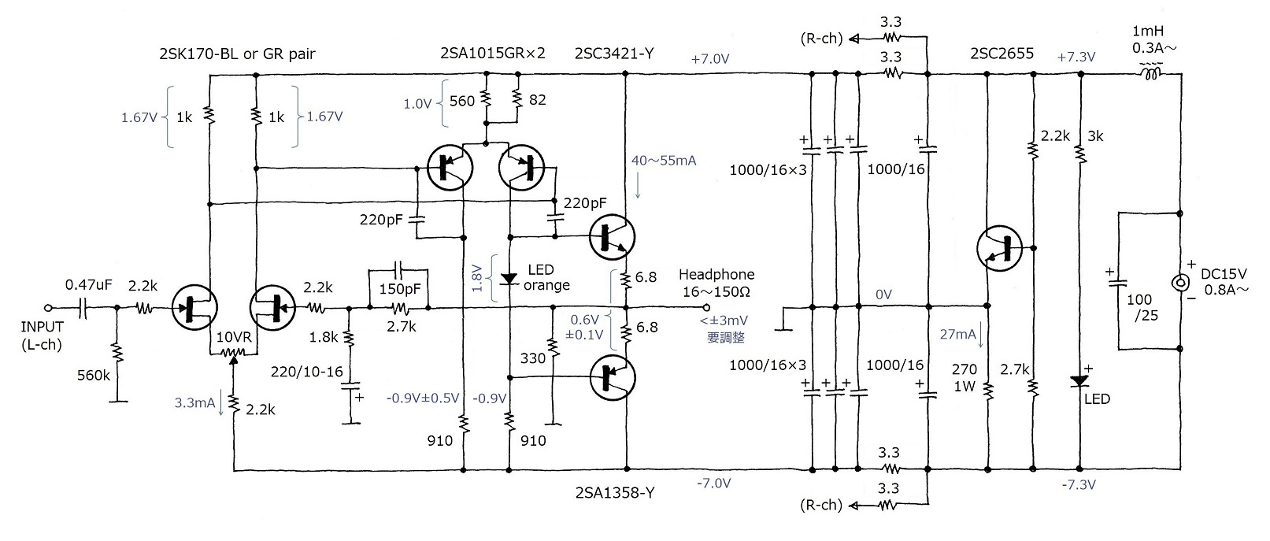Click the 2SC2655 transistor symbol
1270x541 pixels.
point(998,248)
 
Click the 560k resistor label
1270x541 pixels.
point(93,376)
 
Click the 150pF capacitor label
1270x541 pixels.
point(400,289)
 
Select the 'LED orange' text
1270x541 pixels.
point(546,277)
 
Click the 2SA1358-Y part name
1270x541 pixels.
point(615,493)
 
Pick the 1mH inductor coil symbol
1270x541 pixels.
point(1150,74)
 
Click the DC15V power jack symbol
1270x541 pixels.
point(1180,283)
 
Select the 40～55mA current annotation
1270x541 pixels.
point(663,161)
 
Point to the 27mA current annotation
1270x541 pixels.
point(957,334)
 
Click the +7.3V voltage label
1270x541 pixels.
point(1076,57)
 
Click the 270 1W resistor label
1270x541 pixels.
point(964,377)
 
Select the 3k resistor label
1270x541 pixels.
point(1094,136)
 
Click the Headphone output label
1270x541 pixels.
point(716,283)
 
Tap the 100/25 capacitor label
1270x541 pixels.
point(1139,307)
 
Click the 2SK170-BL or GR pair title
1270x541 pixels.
point(236,54)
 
